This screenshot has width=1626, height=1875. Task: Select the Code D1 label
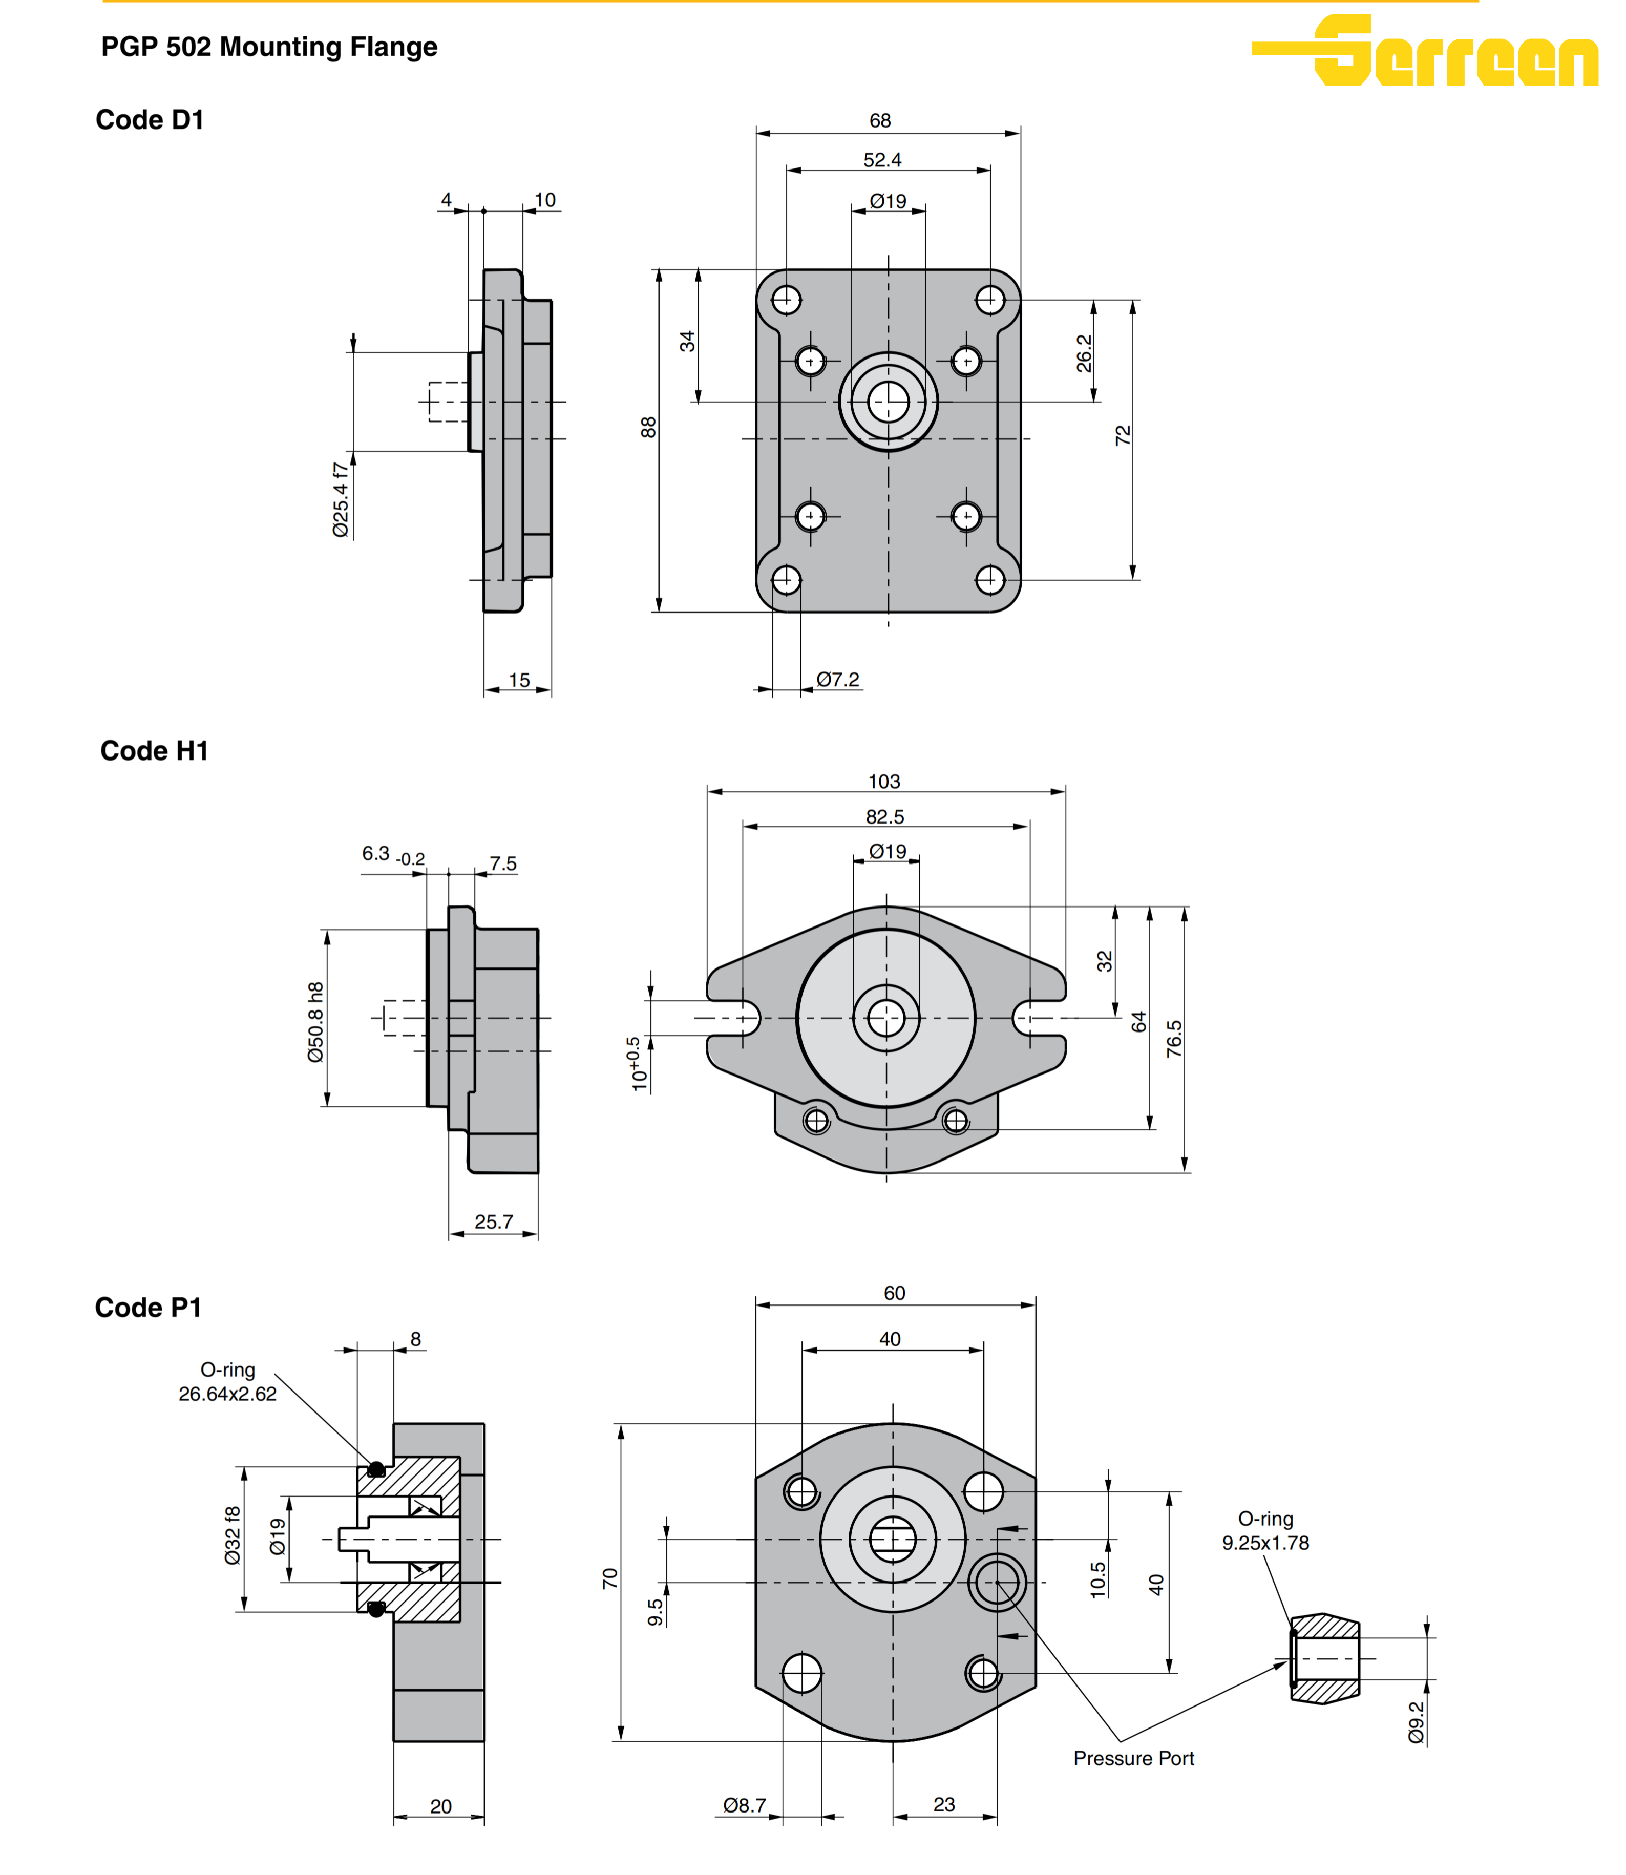150,120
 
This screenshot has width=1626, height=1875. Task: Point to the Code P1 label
148,1307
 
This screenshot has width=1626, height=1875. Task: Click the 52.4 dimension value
882,160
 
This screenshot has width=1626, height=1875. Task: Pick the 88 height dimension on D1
648,427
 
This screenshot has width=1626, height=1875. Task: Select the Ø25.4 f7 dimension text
340,499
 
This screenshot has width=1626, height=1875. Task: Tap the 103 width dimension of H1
884,782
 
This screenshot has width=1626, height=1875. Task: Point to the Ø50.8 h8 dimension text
315,1022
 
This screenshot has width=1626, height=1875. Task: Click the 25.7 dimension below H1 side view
494,1221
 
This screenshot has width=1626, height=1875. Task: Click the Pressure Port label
1133,1758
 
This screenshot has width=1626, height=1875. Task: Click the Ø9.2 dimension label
1416,1722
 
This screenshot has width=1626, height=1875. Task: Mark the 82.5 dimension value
884,817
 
